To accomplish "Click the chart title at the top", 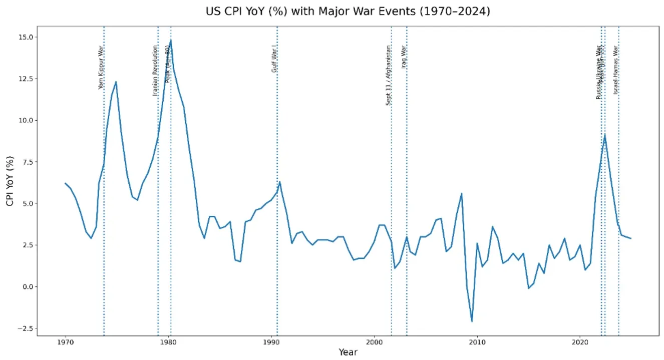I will coord(348,11).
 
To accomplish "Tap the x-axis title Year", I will coord(348,352).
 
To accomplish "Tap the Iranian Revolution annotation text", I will coord(155,70).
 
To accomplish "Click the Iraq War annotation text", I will coord(404,56).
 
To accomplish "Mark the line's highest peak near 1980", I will coord(171,40).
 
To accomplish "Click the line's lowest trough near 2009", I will coord(472,321).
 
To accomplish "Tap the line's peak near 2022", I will coord(605,134).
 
